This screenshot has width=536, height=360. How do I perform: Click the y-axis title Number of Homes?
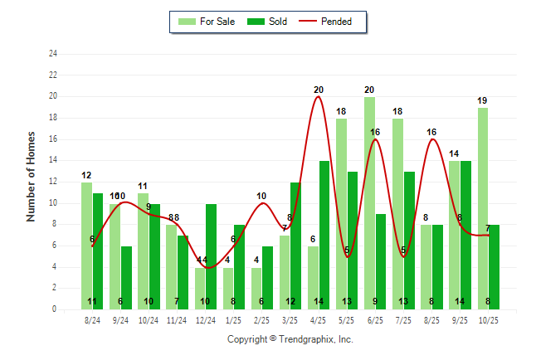pyautogui.click(x=32, y=176)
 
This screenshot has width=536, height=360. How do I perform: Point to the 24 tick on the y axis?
pyautogui.click(x=53, y=54)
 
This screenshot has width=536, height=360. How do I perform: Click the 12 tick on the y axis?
pyautogui.click(x=53, y=182)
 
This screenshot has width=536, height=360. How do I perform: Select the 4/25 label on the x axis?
pyautogui.click(x=319, y=319)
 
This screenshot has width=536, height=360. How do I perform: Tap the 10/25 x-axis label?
pyautogui.click(x=489, y=319)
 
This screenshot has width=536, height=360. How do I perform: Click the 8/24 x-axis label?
pyautogui.click(x=92, y=319)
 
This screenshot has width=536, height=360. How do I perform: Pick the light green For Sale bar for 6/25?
pyautogui.click(x=369, y=203)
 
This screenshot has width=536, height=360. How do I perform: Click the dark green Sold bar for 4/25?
pyautogui.click(x=324, y=235)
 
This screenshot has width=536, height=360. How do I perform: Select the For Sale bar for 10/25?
pyautogui.click(x=483, y=208)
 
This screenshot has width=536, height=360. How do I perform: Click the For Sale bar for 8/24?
pyautogui.click(x=86, y=246)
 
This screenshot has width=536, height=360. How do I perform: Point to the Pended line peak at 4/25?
pyautogui.click(x=319, y=97)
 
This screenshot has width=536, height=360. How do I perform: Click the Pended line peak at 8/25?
pyautogui.click(x=431, y=139)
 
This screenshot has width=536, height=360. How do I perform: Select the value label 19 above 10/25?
pyautogui.click(x=482, y=100)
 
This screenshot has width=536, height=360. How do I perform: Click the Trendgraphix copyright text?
pyautogui.click(x=290, y=339)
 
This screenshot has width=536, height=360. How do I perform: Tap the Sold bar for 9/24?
pyautogui.click(x=126, y=277)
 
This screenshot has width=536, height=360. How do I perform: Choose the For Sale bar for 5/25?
pyautogui.click(x=341, y=214)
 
